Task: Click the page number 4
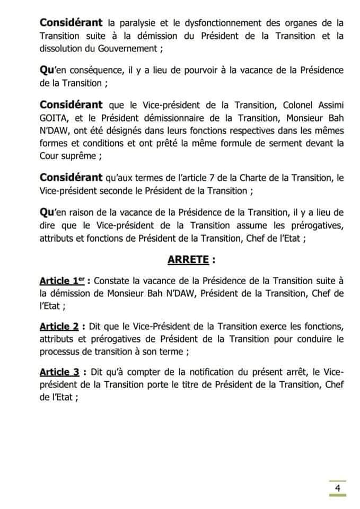coord(337,488)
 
